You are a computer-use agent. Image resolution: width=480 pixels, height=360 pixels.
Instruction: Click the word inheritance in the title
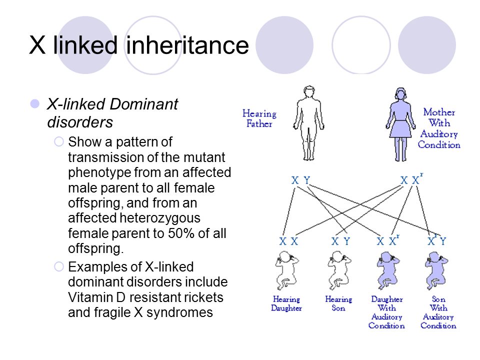click(187, 45)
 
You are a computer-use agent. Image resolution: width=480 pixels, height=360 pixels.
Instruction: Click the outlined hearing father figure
click(308, 123)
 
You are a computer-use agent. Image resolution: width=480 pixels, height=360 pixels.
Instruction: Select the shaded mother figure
click(400, 124)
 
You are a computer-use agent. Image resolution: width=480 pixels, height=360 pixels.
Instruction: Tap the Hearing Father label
click(259, 118)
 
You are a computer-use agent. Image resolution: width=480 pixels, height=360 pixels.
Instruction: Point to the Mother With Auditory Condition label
click(439, 128)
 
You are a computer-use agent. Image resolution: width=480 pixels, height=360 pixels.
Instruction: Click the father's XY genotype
click(300, 180)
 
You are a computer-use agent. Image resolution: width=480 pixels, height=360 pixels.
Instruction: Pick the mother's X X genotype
click(411, 179)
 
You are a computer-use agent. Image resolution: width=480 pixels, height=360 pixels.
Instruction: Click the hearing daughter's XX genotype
click(288, 241)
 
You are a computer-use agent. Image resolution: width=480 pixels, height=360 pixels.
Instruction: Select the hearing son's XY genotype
click(340, 241)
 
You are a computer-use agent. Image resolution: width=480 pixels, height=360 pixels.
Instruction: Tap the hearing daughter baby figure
click(286, 270)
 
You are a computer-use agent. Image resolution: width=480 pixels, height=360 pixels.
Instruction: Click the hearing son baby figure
click(338, 270)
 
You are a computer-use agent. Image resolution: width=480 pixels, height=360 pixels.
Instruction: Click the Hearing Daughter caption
click(286, 303)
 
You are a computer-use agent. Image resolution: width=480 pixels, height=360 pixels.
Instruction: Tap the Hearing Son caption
click(338, 303)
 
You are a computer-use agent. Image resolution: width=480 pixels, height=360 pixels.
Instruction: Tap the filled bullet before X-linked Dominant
click(35, 104)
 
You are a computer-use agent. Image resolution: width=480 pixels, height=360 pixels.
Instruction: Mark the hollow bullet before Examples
click(59, 266)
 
